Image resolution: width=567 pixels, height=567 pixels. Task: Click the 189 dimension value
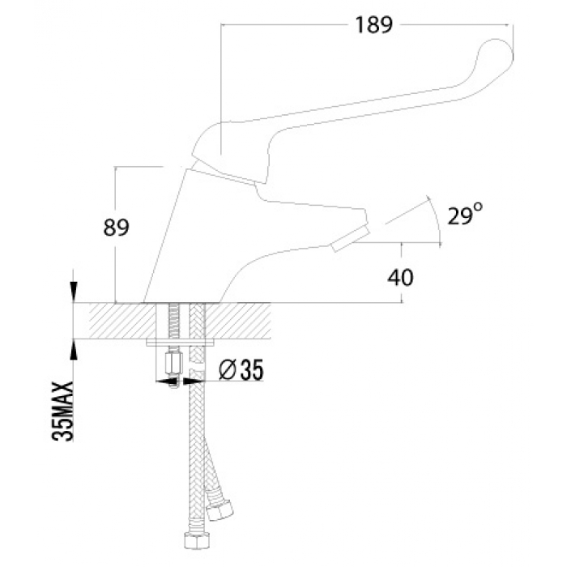point(373,25)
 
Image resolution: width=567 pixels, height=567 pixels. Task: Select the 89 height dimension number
point(116,228)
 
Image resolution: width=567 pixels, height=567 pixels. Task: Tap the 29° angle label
point(465,214)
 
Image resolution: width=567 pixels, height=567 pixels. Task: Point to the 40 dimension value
point(400,278)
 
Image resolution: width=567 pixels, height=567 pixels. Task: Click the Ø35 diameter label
point(241,370)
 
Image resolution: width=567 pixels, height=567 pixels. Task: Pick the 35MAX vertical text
point(63,411)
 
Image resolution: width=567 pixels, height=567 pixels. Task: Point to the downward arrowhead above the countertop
point(74,292)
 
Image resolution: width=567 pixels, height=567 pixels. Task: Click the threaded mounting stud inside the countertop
point(174,321)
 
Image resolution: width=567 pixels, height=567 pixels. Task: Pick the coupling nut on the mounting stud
point(173,364)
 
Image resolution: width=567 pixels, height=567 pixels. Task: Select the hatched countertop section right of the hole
point(237,321)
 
